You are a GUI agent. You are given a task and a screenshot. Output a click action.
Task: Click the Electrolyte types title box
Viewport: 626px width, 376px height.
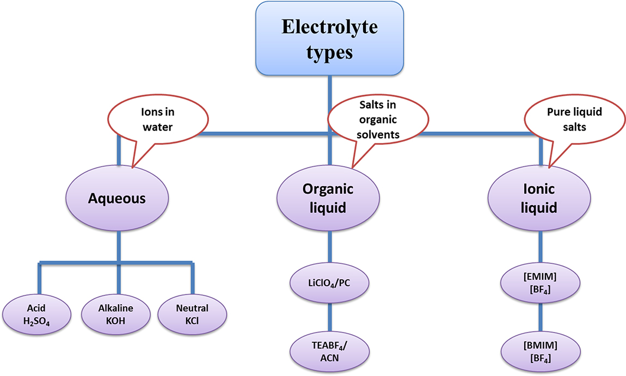[x=329, y=39]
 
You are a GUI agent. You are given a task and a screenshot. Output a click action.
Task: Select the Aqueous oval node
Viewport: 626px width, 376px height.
[x=117, y=199]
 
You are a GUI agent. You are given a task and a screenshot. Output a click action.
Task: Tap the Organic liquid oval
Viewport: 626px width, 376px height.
[x=328, y=199]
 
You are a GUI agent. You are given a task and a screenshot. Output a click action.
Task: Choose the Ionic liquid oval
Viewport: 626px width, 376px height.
[x=539, y=199]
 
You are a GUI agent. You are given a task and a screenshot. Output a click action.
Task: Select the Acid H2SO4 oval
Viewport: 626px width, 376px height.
[x=37, y=315]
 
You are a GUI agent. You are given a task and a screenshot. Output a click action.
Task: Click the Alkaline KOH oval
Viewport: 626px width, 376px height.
[x=115, y=315]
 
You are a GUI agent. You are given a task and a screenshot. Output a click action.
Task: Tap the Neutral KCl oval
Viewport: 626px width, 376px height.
[x=192, y=315]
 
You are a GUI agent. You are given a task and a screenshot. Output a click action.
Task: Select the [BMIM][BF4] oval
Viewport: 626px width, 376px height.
[x=539, y=351]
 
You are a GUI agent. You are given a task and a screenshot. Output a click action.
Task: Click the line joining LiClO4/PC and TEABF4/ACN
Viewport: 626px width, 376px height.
[x=329, y=318]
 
